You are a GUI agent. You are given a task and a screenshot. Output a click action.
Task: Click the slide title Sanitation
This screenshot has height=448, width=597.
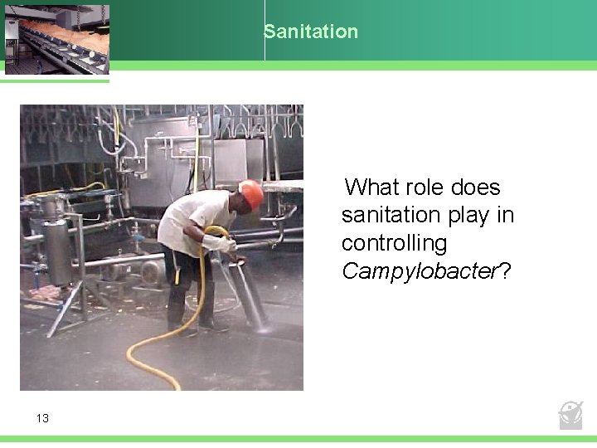click(x=311, y=32)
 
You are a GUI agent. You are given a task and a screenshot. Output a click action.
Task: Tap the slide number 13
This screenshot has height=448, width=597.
click(x=42, y=418)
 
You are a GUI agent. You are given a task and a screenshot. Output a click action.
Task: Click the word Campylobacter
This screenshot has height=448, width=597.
click(x=419, y=271)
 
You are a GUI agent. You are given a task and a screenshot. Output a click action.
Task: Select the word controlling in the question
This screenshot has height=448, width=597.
click(x=394, y=243)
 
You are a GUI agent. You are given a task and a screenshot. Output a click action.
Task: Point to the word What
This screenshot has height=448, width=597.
click(x=373, y=187)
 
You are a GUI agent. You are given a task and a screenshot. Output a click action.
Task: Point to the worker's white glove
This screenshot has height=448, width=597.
click(x=220, y=244)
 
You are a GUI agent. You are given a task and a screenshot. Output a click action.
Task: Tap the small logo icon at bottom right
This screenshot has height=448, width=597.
click(x=570, y=414)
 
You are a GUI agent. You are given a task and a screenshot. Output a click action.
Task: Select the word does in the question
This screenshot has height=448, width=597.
click(x=475, y=187)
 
